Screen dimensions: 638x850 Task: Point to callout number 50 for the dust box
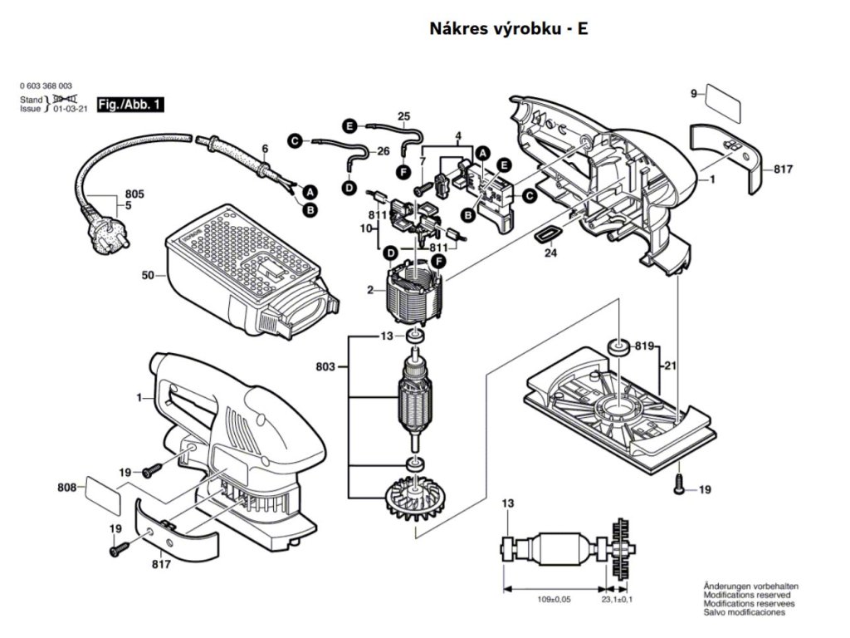tap(149, 275)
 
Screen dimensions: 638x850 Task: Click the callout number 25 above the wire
tap(404, 116)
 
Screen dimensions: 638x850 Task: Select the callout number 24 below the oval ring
tap(550, 254)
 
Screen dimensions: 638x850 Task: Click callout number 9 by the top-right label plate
tap(694, 94)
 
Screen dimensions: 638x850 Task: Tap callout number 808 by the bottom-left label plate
tap(68, 488)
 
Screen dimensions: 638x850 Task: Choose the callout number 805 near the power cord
tap(134, 194)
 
